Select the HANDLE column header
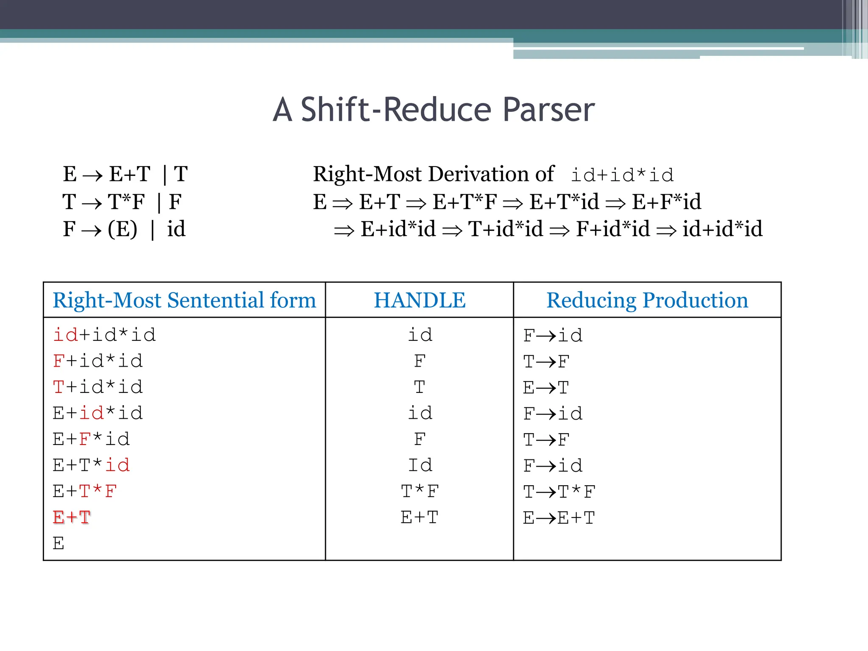click(x=420, y=300)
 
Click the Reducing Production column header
click(x=647, y=300)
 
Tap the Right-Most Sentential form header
click(x=184, y=300)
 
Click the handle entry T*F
click(x=420, y=492)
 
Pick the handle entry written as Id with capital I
click(x=420, y=465)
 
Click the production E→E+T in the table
click(x=559, y=518)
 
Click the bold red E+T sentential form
click(x=72, y=517)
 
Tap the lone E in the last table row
click(x=58, y=543)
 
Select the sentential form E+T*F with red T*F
click(x=85, y=492)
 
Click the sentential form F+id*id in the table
click(x=98, y=361)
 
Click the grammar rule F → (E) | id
click(x=124, y=229)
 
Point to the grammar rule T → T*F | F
click(x=122, y=202)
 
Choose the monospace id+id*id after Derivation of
click(x=622, y=175)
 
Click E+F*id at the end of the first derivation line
click(x=666, y=202)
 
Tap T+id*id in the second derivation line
click(x=505, y=229)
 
